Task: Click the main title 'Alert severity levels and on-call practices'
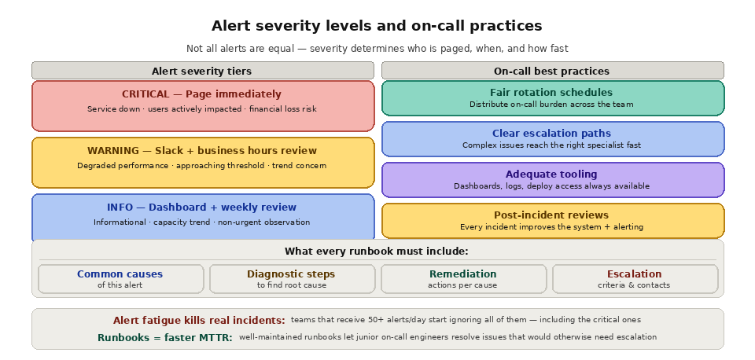pos(377,26)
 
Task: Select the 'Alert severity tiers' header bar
pos(202,71)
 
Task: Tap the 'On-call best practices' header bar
pos(552,71)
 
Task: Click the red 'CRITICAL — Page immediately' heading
pos(201,94)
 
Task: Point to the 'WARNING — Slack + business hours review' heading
pos(202,151)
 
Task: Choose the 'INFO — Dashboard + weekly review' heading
pos(202,208)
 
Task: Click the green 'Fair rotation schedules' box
pos(552,98)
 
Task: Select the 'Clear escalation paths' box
pos(552,139)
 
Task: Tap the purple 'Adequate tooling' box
pos(552,180)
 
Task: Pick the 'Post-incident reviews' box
pos(552,221)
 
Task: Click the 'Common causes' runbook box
pos(120,279)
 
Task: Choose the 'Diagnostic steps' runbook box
pos(291,279)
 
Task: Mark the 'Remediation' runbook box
pos(463,279)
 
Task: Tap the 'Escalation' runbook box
pos(635,279)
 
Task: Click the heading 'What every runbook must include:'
pos(377,252)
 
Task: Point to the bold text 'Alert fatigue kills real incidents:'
pos(199,321)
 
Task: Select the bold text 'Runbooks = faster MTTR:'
pos(165,338)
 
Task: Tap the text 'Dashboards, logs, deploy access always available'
pos(552,186)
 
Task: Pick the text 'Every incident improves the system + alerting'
pos(552,227)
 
